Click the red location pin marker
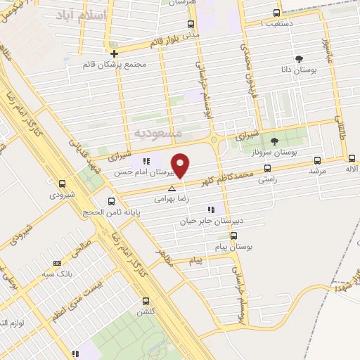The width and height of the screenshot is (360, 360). point(181,165)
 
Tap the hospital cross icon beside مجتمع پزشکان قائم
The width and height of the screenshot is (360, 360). point(114,53)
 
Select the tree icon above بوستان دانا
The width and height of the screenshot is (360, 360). point(300,59)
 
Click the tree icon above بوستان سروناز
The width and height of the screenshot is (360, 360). point(274,141)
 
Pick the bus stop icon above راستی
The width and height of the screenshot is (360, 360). point(267,168)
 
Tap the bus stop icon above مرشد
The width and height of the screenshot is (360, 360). point(316,160)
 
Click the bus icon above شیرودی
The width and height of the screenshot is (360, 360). point(63,182)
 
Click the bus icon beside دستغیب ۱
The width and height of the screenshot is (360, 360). point(276,13)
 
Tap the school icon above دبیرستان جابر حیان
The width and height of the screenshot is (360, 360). point(210,210)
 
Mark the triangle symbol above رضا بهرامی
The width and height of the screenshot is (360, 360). point(172,188)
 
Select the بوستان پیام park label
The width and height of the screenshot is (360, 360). point(236,247)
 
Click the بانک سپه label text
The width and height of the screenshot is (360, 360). point(57,272)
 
